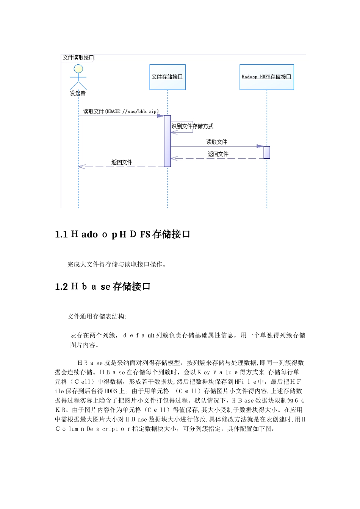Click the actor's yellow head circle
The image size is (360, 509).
click(x=78, y=69)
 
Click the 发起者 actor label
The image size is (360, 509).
click(x=78, y=93)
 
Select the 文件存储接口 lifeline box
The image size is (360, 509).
click(x=167, y=77)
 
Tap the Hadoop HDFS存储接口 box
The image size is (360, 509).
click(x=266, y=77)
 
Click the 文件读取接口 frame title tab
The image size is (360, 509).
click(x=78, y=58)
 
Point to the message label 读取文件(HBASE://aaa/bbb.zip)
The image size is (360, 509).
click(x=121, y=111)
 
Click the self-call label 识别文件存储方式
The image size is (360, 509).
click(x=193, y=126)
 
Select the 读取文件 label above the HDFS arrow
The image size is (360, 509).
click(x=217, y=142)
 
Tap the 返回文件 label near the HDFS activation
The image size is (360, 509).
click(x=218, y=154)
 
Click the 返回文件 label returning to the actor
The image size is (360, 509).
click(x=122, y=162)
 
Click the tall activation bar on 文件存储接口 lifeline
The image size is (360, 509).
click(x=167, y=141)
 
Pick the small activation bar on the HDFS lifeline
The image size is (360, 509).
click(x=267, y=152)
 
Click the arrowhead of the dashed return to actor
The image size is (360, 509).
click(x=80, y=167)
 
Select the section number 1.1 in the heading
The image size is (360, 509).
click(x=61, y=235)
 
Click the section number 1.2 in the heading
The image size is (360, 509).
click(x=61, y=287)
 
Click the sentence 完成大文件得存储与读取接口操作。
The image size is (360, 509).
click(x=117, y=264)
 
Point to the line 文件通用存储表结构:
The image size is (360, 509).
click(x=97, y=316)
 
